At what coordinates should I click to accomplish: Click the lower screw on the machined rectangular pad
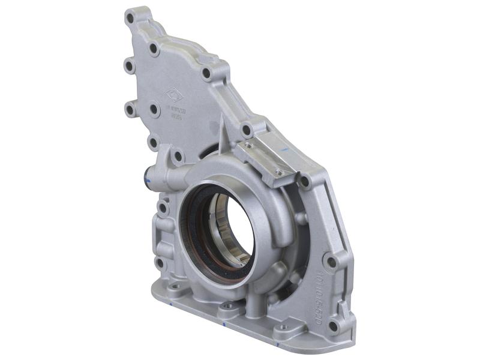tap(278, 173)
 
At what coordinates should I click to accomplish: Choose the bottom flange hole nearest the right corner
tap(282, 328)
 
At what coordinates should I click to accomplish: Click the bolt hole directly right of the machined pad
tap(305, 181)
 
